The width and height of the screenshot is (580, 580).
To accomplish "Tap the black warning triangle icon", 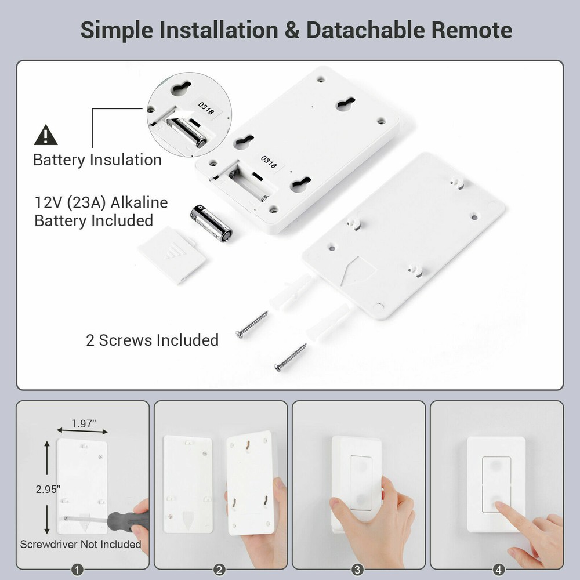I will point(46,136).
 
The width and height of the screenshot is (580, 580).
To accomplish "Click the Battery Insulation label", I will point(97,160).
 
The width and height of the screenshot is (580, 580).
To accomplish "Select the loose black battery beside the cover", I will point(211,223).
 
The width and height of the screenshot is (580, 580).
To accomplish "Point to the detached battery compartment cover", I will point(172,254).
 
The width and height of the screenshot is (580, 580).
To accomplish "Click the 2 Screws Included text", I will point(153,340).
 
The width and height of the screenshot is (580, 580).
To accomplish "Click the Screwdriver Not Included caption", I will point(81,544).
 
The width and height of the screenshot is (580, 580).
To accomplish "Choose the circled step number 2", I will point(220,570).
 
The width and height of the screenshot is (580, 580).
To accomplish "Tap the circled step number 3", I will point(358,570).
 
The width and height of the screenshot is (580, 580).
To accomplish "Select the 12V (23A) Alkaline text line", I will point(101,202).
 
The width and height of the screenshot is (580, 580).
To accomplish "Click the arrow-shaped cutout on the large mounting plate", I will point(357,270).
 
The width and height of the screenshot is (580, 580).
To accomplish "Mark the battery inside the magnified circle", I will point(187,132).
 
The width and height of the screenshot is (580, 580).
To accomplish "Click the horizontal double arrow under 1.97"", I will point(82,431).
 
